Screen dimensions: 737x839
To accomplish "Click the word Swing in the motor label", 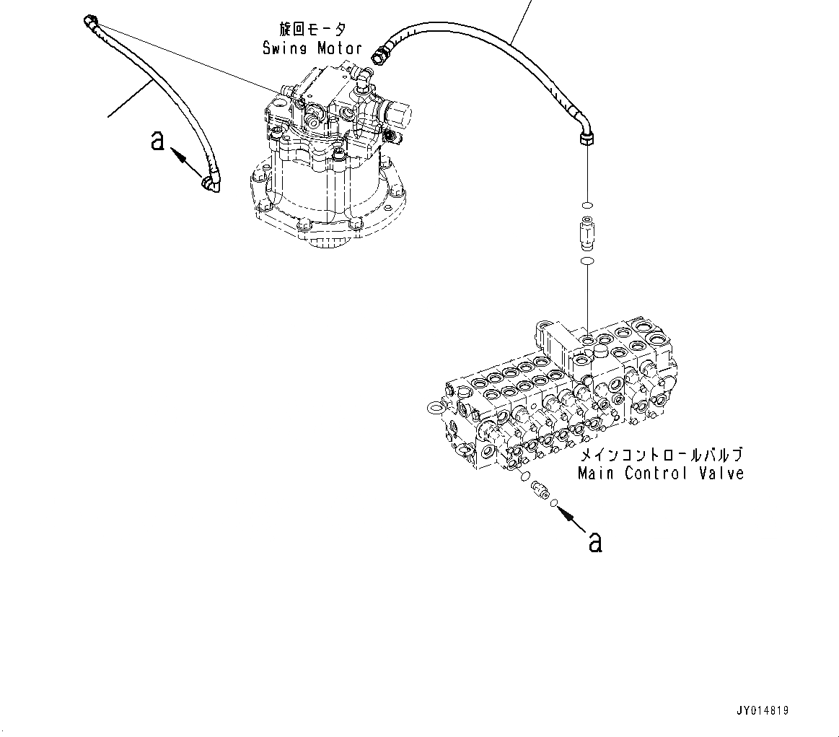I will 286,48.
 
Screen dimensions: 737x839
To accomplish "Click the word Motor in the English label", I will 338,48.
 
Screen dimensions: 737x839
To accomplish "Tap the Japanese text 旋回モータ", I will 312,30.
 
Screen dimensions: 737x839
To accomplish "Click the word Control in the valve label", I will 656,474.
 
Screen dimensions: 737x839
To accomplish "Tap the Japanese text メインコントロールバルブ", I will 660,455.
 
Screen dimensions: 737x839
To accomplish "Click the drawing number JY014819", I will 763,711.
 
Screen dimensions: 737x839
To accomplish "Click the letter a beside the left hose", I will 157,140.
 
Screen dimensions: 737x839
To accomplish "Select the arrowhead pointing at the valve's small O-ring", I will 566,514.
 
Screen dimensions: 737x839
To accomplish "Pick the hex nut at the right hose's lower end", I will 587,139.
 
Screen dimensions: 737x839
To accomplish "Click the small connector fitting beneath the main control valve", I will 539,492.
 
